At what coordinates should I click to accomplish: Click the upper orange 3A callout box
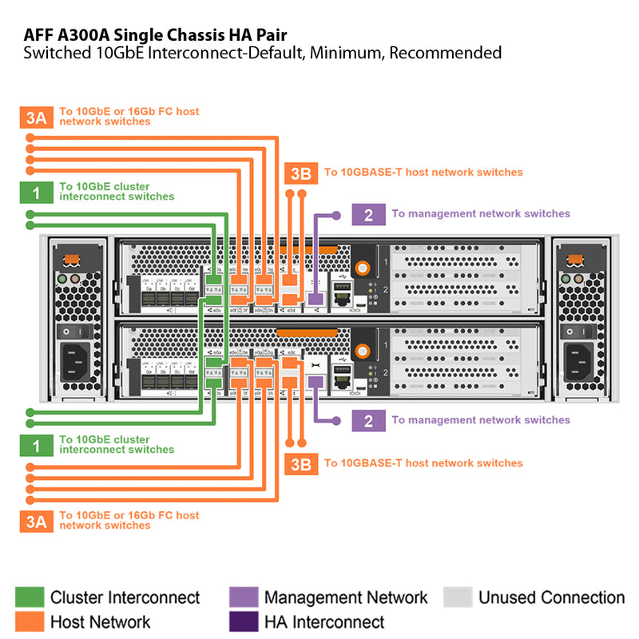pos(36,117)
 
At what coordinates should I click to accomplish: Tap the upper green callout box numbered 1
pos(36,192)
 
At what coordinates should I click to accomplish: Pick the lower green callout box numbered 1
pos(36,446)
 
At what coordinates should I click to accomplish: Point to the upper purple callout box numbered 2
pos(368,214)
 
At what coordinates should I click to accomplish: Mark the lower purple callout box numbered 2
pos(368,421)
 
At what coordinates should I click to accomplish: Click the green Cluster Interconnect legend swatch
pos(30,597)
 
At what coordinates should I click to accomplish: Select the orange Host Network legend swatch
pos(30,621)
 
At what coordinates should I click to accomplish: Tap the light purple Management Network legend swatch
pos(243,597)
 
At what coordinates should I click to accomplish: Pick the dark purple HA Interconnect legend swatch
pos(243,621)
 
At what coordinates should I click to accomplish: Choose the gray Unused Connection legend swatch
pos(457,597)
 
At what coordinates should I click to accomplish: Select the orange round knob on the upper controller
pos(363,268)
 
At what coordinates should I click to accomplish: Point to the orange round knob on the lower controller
pos(363,348)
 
